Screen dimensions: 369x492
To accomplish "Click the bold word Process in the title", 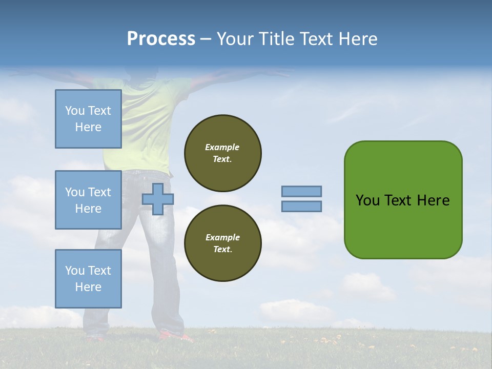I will [x=161, y=39].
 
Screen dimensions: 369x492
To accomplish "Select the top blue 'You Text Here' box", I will [x=88, y=119].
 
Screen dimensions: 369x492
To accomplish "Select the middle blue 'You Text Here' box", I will [x=88, y=200].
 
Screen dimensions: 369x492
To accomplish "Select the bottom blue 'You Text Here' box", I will [x=88, y=279].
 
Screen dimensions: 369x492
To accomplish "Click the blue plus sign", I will [x=158, y=199].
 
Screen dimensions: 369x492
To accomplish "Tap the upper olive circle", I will [x=222, y=153].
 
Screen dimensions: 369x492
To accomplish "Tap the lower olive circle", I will [x=222, y=243].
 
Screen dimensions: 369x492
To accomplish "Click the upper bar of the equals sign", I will [x=301, y=192].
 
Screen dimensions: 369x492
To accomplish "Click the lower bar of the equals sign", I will [x=301, y=207].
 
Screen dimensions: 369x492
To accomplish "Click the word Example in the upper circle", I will [x=222, y=147].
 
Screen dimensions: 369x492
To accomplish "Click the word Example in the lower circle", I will [x=222, y=237].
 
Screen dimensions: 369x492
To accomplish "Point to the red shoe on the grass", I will [x=174, y=336].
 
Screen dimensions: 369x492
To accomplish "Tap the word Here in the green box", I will [x=433, y=200].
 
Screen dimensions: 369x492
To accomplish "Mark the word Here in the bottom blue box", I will [x=88, y=287].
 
